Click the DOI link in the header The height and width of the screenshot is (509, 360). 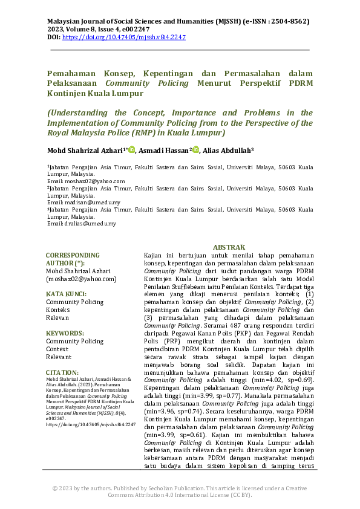[x=124, y=37]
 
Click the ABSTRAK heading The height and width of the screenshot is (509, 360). [x=229, y=247]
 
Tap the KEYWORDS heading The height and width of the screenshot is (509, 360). [x=65, y=333]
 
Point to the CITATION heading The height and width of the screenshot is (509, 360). [x=62, y=372]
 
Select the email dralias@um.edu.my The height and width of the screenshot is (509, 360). [x=88, y=224]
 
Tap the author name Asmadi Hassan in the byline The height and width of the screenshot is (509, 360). [x=163, y=151]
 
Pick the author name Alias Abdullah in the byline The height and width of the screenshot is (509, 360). [x=227, y=151]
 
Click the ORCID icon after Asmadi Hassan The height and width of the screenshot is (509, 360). [x=195, y=150]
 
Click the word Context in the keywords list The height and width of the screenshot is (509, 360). [x=57, y=349]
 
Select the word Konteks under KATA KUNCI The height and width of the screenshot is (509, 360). [x=59, y=310]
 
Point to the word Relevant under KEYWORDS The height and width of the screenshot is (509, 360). [x=59, y=357]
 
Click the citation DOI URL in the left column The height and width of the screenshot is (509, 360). [x=91, y=425]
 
